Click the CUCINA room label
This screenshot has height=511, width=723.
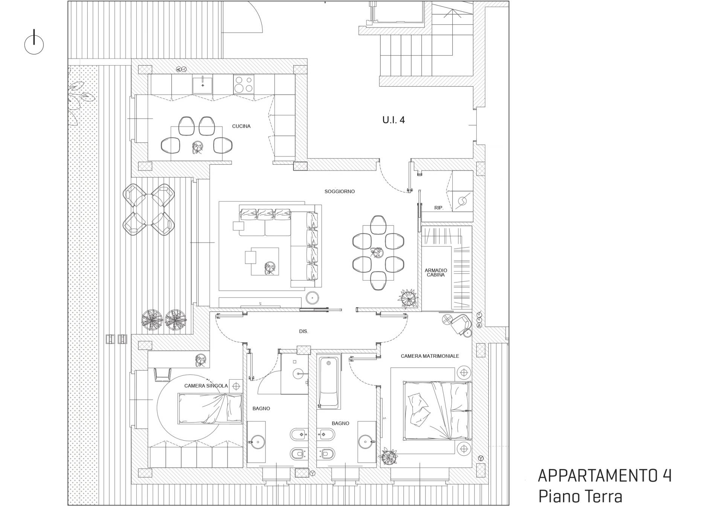click(241, 126)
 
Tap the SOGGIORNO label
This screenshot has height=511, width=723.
click(340, 191)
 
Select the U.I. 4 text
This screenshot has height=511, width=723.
click(394, 120)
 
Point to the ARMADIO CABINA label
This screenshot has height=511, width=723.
click(436, 273)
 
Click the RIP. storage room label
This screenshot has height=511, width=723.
click(439, 208)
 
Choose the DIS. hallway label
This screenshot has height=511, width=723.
click(304, 331)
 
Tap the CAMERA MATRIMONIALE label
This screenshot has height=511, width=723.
click(430, 356)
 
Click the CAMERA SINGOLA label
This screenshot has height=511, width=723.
click(206, 386)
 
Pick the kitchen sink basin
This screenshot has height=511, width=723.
click(203, 84)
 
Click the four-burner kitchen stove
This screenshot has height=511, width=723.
click(243, 84)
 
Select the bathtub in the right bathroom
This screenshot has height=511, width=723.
click(329, 383)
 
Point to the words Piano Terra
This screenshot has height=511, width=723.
click(580, 496)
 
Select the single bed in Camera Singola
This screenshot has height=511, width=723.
click(210, 409)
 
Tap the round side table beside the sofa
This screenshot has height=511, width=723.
click(313, 298)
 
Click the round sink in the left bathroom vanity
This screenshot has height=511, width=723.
click(257, 441)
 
